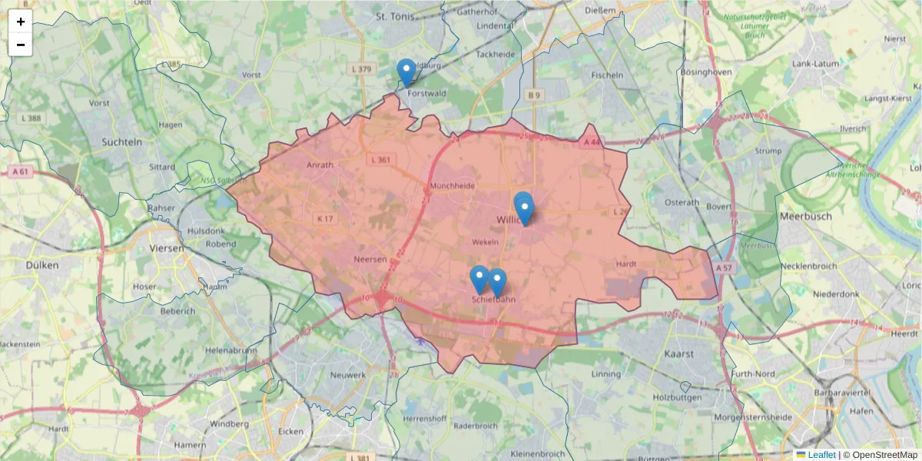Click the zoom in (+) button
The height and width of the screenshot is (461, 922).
(21, 22)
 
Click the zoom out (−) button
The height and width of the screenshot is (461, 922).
(21, 45)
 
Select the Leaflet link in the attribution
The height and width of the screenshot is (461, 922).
(821, 455)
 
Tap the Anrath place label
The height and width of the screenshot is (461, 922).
(320, 165)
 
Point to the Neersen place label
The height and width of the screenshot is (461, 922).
(370, 260)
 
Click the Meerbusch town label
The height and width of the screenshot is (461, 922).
(805, 217)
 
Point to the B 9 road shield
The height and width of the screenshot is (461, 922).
(534, 95)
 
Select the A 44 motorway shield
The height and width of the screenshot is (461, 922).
(591, 143)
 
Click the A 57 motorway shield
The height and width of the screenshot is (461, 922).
(723, 268)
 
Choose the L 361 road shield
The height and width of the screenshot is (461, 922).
(380, 160)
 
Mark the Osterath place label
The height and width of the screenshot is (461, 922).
(682, 203)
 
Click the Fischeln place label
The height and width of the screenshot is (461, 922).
(607, 75)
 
